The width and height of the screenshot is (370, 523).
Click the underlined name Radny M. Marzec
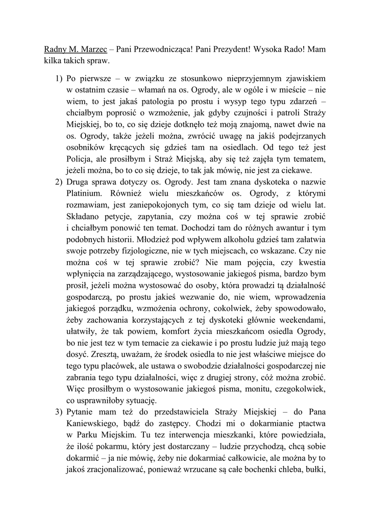point(75,50)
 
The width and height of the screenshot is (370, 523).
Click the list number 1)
point(59,79)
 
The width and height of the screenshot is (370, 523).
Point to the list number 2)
point(59,182)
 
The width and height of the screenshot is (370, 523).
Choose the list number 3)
point(59,412)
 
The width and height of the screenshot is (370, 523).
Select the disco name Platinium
point(85,194)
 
